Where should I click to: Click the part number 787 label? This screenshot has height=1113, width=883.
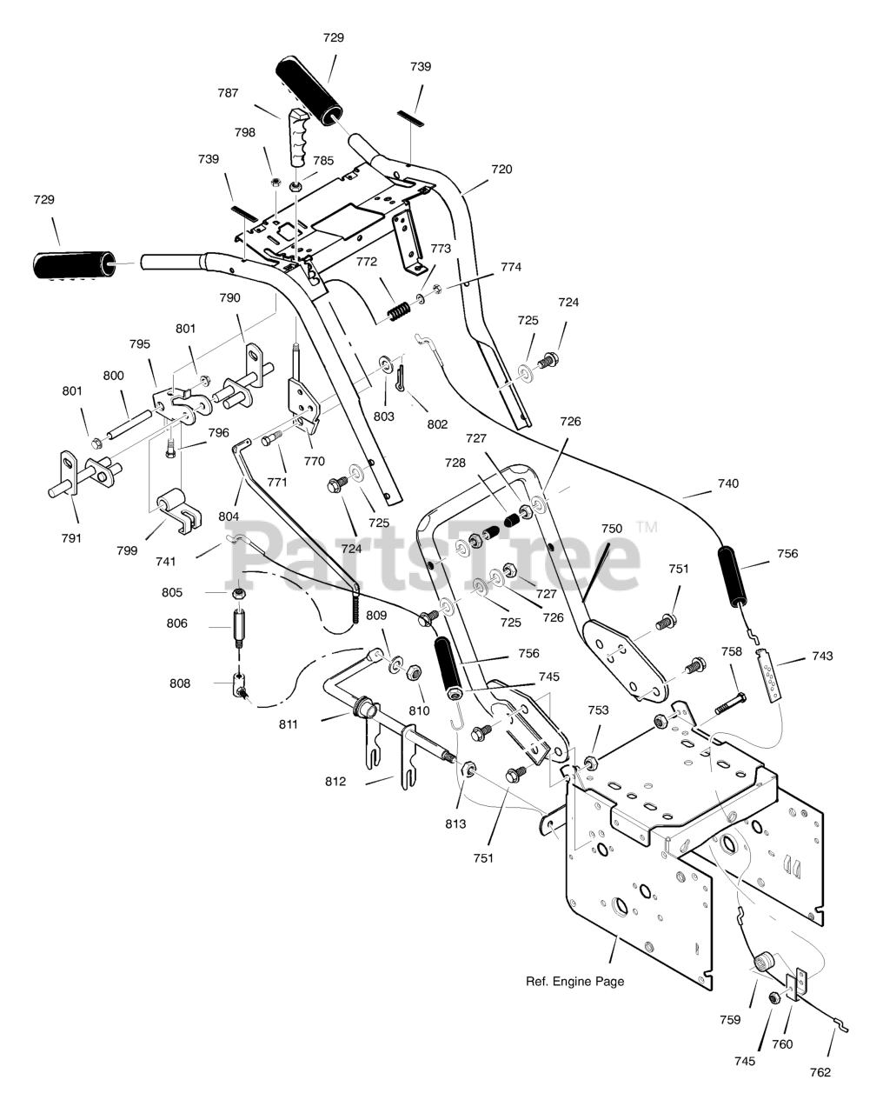228,93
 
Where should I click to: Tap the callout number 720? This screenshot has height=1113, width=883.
501,169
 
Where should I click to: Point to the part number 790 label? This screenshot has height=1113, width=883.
230,297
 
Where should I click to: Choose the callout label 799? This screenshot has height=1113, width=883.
127,550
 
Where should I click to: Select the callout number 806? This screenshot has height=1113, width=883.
176,623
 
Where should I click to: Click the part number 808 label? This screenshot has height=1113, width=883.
180,683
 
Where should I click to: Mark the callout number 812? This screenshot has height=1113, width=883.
335,781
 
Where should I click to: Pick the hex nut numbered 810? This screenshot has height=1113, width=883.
414,672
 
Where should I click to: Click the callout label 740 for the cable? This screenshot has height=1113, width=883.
728,483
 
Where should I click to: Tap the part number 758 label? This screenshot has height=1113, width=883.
732,651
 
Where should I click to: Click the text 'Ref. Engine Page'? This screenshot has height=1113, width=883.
574,981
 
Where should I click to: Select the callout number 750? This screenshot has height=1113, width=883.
612,528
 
